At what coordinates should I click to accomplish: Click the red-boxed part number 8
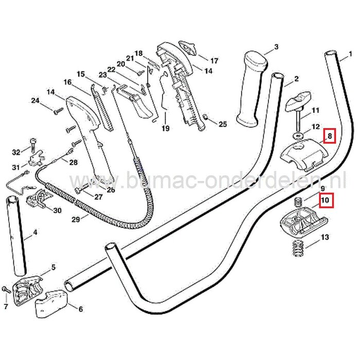coord(329,137)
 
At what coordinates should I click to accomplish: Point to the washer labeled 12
coord(297,135)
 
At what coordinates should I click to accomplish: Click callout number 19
coord(166,128)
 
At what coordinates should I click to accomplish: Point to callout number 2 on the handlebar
coord(296,80)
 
